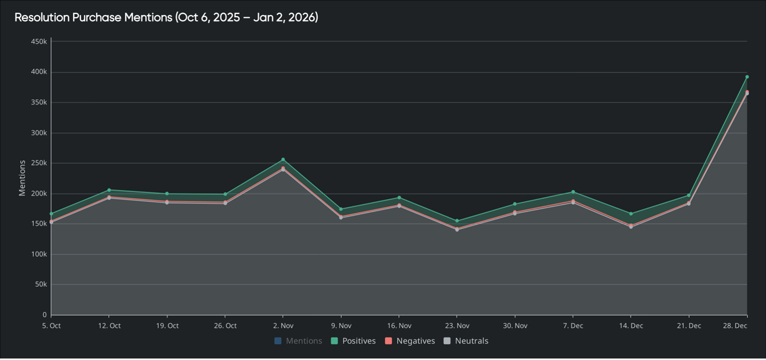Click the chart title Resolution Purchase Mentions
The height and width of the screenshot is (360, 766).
click(x=166, y=17)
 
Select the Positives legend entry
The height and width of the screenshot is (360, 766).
click(x=358, y=341)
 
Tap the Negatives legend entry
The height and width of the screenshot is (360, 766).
click(x=415, y=341)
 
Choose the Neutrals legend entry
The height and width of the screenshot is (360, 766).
click(x=471, y=341)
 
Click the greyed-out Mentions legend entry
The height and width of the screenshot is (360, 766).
click(x=303, y=341)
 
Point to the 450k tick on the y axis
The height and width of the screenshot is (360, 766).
click(x=39, y=41)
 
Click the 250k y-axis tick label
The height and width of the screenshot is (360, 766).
click(x=39, y=163)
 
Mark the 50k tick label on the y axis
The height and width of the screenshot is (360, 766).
click(x=41, y=284)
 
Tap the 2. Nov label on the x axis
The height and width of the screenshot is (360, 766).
click(x=283, y=326)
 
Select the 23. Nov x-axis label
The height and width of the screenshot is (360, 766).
click(x=456, y=326)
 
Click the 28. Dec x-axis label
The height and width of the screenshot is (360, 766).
click(x=735, y=326)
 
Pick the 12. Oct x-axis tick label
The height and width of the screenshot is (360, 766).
click(x=109, y=326)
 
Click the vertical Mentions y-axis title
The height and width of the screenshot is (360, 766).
click(x=22, y=178)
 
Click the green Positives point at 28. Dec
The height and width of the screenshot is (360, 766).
click(x=747, y=77)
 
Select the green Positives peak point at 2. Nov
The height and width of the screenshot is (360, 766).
click(x=283, y=160)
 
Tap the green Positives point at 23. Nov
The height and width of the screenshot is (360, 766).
click(x=457, y=221)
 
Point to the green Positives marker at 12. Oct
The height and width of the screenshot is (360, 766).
click(x=109, y=190)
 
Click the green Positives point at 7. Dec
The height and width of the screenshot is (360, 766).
click(x=573, y=192)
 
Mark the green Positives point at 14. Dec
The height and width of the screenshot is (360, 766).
click(x=630, y=214)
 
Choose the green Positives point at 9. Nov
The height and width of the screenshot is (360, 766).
click(x=341, y=209)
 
